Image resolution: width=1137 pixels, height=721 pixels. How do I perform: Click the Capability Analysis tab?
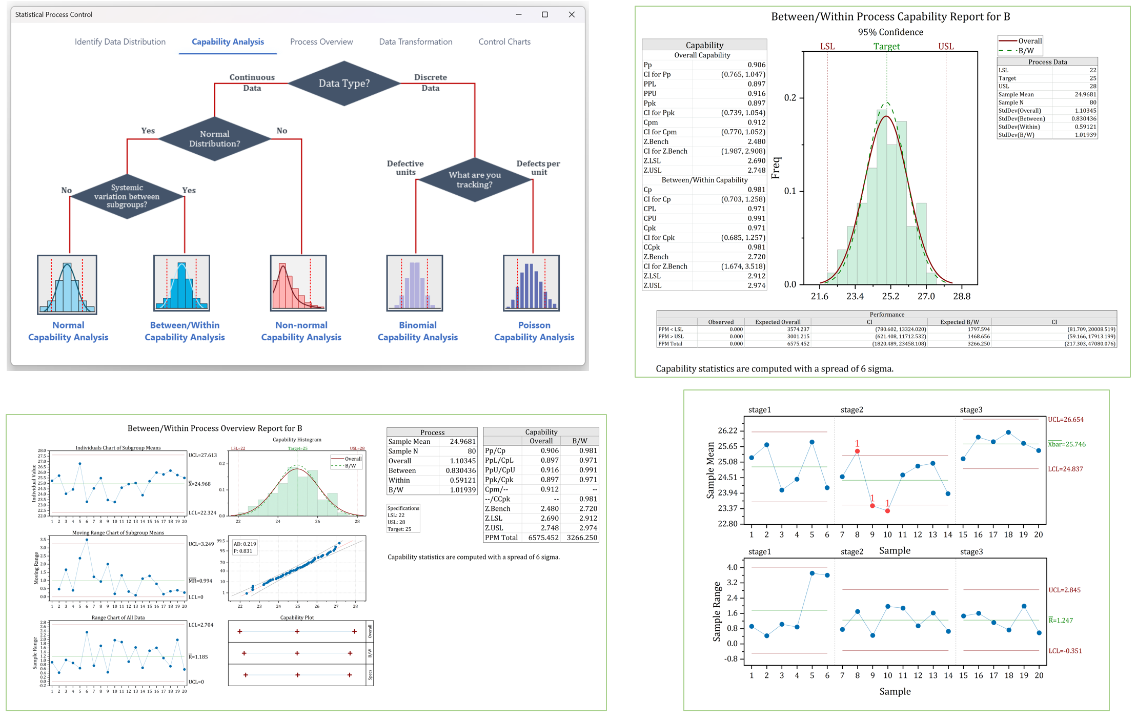[x=228, y=42]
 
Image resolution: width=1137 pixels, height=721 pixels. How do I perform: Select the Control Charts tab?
[x=504, y=42]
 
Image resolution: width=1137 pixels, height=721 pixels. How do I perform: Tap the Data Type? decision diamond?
[x=344, y=84]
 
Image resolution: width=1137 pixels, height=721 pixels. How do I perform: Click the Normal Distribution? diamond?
[x=214, y=139]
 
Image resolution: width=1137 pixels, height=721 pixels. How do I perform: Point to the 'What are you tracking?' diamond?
[x=474, y=179]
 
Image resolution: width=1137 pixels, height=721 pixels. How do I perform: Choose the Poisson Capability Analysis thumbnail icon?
[x=531, y=283]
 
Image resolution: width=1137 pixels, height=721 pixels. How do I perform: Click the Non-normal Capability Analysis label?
[x=301, y=331]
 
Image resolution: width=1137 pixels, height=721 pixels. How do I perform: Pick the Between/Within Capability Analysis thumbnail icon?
[x=181, y=283]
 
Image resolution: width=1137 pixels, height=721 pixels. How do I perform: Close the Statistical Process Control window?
[x=572, y=15]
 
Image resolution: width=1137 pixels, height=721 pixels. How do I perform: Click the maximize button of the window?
[x=544, y=15]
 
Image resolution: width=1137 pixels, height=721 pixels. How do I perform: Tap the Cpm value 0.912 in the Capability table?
[x=756, y=122]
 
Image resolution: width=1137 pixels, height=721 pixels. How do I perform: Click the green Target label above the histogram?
[x=886, y=47]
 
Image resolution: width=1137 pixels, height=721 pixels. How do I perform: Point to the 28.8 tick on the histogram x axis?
[x=961, y=296]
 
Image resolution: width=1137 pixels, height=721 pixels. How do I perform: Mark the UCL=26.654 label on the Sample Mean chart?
[x=1065, y=420]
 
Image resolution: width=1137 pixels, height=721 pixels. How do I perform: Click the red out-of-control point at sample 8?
[x=857, y=451]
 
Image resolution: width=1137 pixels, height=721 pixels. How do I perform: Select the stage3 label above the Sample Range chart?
[x=971, y=551]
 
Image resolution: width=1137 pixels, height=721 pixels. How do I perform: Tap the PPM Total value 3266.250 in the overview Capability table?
[x=581, y=538]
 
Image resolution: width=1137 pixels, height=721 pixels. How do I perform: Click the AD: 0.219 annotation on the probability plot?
[x=245, y=544]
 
